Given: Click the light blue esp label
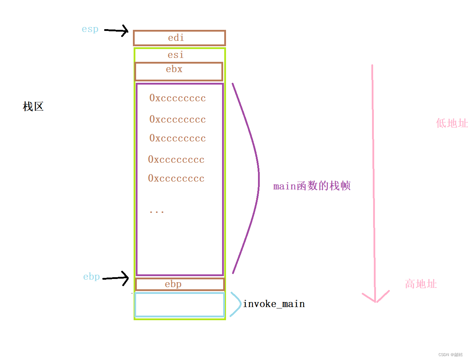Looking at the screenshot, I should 90,29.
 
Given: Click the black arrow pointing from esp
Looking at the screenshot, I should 117,31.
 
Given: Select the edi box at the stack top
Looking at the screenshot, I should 179,38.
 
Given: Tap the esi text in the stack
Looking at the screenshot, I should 176,55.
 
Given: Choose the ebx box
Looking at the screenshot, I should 178,71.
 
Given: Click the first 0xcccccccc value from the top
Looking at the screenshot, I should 177,98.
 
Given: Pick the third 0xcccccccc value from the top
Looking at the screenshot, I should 177,138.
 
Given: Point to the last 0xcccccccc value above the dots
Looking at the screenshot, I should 176,178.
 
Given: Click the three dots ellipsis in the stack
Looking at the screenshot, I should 156,212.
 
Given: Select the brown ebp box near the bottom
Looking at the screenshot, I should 179,284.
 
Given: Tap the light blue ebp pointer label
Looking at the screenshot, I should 91,277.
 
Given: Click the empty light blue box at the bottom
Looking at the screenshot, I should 179,305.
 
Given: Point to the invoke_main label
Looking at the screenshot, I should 274,304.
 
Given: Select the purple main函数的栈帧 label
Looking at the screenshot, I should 312,186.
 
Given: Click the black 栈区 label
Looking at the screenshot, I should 33,107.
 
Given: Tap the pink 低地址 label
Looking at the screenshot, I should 452,123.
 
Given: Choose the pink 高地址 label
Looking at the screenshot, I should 421,284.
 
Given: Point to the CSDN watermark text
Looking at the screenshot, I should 450,355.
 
